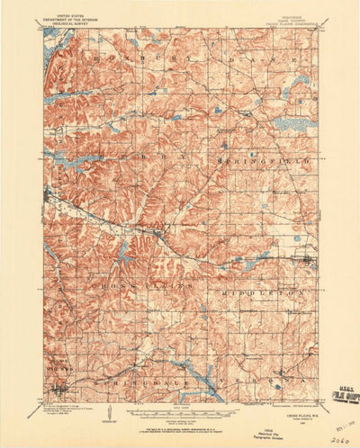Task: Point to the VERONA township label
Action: coord(265,383)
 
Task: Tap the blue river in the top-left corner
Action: coord(49,55)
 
